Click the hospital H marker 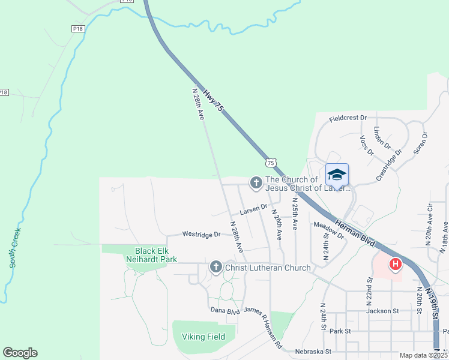pyautogui.click(x=396, y=264)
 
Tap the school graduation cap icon pyautogui.click(x=337, y=175)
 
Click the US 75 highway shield pyautogui.click(x=271, y=163)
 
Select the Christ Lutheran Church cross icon pyautogui.click(x=216, y=268)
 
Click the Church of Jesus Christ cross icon pyautogui.click(x=256, y=182)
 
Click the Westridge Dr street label pyautogui.click(x=202, y=234)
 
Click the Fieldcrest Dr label pyautogui.click(x=348, y=118)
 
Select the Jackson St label pyautogui.click(x=382, y=311)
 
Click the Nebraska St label pyautogui.click(x=312, y=350)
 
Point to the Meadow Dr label pyautogui.click(x=328, y=229)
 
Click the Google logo pyautogui.click(x=20, y=353)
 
